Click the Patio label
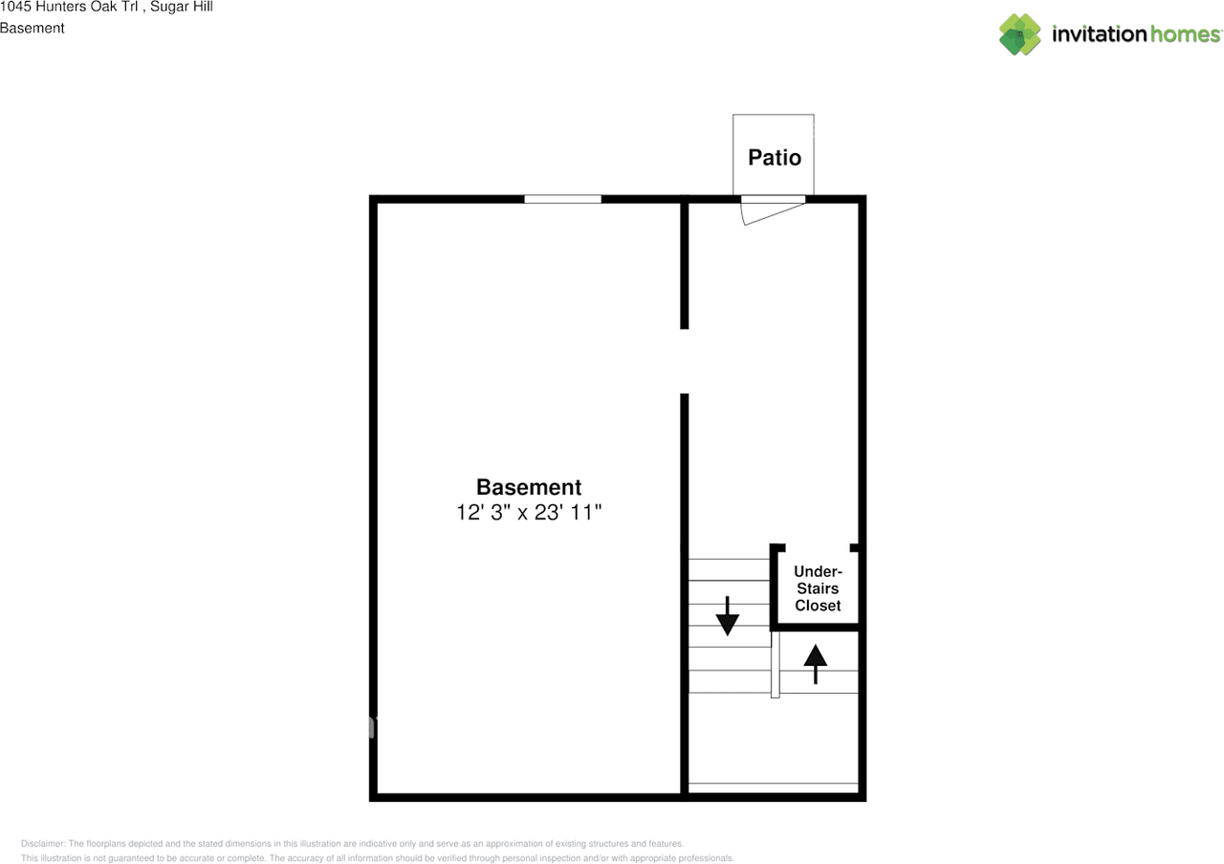coord(774,157)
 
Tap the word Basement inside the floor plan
coord(529,486)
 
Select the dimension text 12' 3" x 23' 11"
coord(529,513)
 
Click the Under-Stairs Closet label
coord(818,588)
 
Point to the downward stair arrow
coord(728,616)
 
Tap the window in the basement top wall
coord(562,199)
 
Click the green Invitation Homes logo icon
coord(1019,34)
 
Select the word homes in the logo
coord(1185,34)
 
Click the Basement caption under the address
coord(33,28)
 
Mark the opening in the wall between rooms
coord(685,362)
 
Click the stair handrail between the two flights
coord(776,663)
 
